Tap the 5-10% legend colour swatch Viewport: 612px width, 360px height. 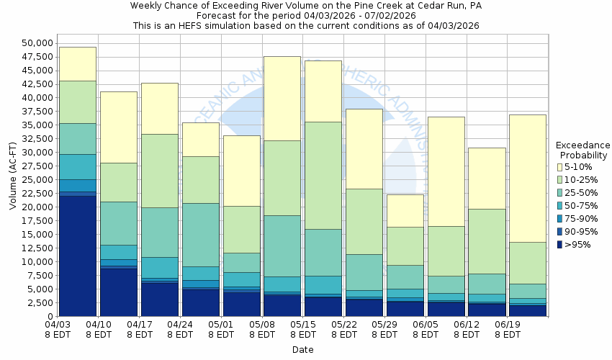click(x=559, y=167)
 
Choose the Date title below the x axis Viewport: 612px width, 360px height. click(x=302, y=350)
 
